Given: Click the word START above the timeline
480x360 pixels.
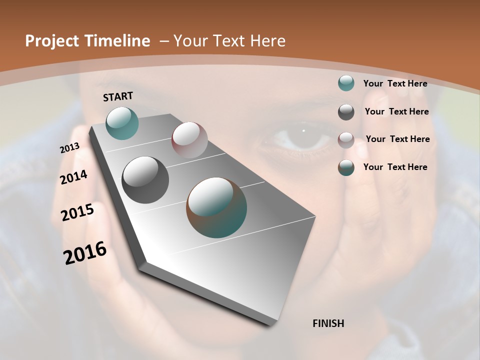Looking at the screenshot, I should coord(118,96).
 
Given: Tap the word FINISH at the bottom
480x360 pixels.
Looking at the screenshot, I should coord(328,323).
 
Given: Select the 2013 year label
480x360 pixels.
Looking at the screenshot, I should coord(69,148).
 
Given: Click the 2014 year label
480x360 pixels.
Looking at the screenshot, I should coord(74,177).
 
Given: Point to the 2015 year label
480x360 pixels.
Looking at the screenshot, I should coord(77,212).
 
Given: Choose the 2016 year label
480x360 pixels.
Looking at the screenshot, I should coord(85,253).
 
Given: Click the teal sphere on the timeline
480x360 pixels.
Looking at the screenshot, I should coord(122,123).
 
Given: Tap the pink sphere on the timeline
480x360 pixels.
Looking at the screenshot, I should coord(189,140).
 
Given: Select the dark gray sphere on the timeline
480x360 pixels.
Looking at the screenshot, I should coord(145,179).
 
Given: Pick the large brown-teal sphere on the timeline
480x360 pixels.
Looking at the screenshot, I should coord(216,207).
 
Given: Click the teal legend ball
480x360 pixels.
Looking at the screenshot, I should coord(346,83).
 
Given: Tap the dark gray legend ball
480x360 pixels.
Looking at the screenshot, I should coord(346,112).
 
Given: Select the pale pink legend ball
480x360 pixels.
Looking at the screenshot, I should coord(346,140).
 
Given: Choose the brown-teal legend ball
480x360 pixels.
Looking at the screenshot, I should coord(346,167).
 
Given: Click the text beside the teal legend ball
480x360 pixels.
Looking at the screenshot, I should coord(395,83).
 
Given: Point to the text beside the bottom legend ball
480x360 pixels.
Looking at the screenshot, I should coord(395,167).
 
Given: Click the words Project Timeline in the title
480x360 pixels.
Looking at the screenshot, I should coord(87,41).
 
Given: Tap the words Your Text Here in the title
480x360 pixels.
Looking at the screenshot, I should coord(229,41).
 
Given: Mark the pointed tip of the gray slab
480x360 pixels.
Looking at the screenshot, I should coord(270,323).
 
